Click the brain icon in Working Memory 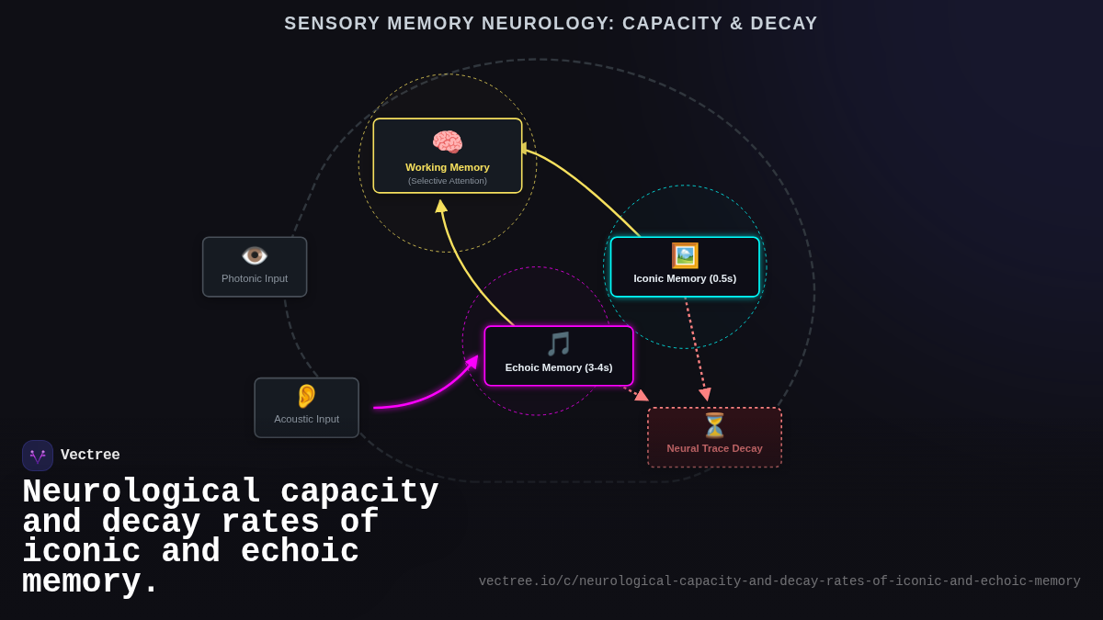coord(448,142)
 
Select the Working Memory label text coord(448,167)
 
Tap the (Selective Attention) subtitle coord(448,181)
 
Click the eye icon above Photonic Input coord(255,255)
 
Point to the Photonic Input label coord(255,278)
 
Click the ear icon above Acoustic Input coord(306,396)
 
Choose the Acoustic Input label coord(306,419)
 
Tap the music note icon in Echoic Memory coord(559,344)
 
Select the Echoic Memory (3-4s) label coord(559,367)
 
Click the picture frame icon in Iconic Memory coord(685,255)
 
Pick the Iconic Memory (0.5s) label coord(685,278)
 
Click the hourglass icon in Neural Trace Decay coord(714,425)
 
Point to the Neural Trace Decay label coord(714,448)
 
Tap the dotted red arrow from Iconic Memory coord(696,349)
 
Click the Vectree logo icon coord(38,456)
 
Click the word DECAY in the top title coord(781,24)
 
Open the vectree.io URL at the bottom coord(779,581)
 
